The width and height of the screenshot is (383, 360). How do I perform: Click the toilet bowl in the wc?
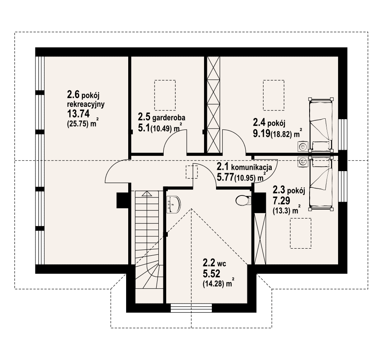point(243,201)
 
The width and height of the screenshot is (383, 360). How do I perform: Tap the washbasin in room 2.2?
point(174,204)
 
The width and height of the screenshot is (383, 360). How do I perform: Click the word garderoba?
point(169,118)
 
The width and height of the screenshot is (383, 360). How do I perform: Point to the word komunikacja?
point(251,168)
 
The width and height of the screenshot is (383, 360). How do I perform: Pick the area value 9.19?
point(262,134)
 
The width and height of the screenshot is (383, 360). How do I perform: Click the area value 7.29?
point(282,201)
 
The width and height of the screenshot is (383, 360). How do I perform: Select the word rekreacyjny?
point(86,104)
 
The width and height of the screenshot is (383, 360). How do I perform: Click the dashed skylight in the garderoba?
point(165,95)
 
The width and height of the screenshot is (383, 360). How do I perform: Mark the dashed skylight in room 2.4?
point(274,95)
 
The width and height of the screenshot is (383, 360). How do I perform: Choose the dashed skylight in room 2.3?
point(301,233)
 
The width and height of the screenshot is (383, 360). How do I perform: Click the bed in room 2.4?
point(321,125)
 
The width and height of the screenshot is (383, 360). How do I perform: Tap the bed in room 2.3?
point(321,184)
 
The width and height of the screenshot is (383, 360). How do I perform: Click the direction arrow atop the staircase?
point(146,194)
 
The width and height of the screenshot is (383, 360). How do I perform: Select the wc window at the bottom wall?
point(191,308)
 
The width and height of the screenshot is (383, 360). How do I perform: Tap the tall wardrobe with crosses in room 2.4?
point(214,105)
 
